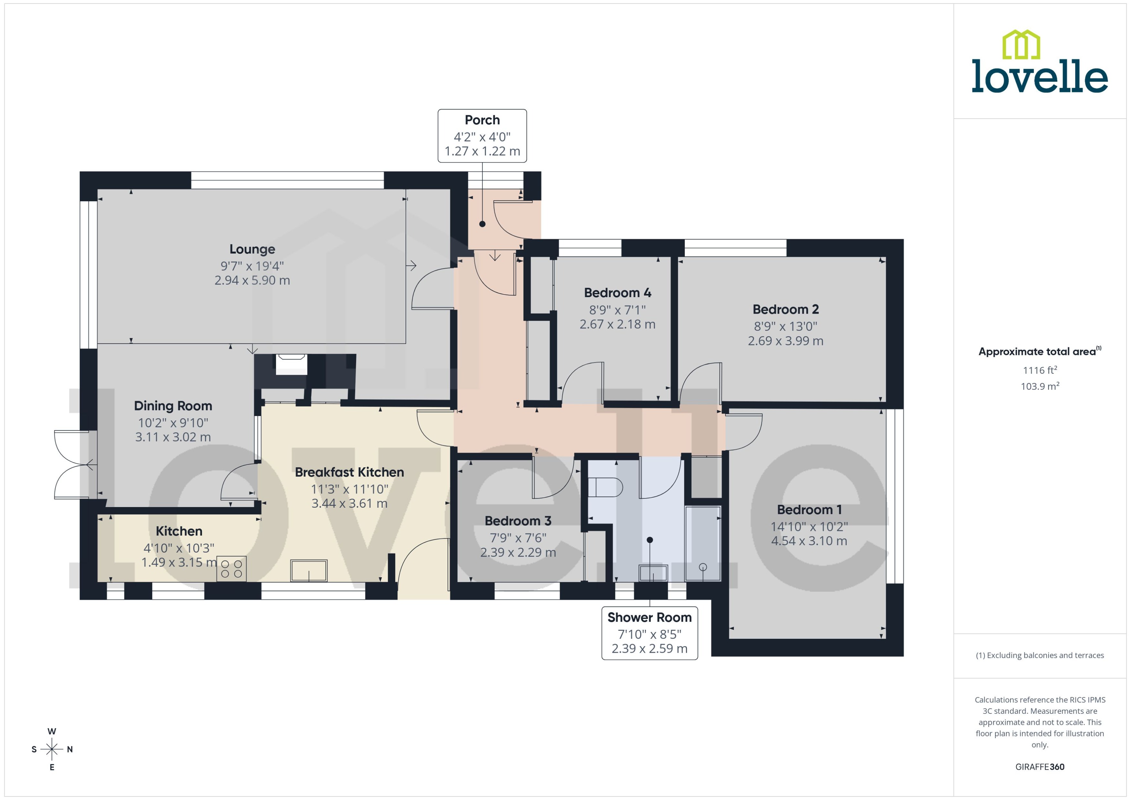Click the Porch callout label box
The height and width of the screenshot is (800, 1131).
coord(482,136)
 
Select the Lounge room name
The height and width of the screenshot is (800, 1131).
coord(252,249)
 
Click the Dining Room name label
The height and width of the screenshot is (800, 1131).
coord(173,406)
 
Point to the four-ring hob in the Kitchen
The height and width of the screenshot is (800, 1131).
coord(231,569)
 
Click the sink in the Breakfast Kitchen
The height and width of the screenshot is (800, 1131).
coord(309,570)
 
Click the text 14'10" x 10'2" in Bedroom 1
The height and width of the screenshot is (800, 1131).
coord(809,526)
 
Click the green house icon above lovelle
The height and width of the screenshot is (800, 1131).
coord(1021,44)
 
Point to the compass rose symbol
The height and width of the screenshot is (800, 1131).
coord(52,749)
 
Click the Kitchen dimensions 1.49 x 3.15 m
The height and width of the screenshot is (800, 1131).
coord(179,562)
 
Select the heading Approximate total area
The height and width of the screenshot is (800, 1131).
coord(1037,352)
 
